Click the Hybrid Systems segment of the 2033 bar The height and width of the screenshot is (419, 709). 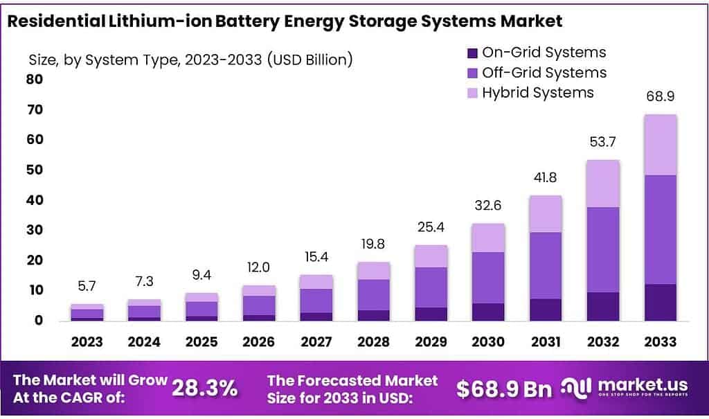(x=660, y=145)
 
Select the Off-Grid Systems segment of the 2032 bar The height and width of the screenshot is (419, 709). (x=603, y=249)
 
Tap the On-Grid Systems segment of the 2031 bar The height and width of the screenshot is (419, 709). (x=546, y=310)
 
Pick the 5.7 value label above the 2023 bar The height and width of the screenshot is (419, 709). (x=87, y=285)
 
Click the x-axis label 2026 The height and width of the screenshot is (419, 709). (x=259, y=341)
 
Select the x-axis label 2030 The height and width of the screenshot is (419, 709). (x=488, y=341)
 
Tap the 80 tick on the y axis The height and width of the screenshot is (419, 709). (x=34, y=79)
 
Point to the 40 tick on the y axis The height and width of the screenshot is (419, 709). (x=34, y=200)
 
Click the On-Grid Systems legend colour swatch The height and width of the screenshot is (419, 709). (x=473, y=53)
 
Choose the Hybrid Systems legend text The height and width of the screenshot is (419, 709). (x=538, y=92)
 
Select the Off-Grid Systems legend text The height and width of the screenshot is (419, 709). (x=544, y=73)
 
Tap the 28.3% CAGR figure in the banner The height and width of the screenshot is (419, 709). (x=204, y=389)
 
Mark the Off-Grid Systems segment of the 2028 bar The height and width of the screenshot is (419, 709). (x=374, y=294)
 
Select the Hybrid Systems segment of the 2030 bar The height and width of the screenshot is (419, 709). (x=488, y=238)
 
